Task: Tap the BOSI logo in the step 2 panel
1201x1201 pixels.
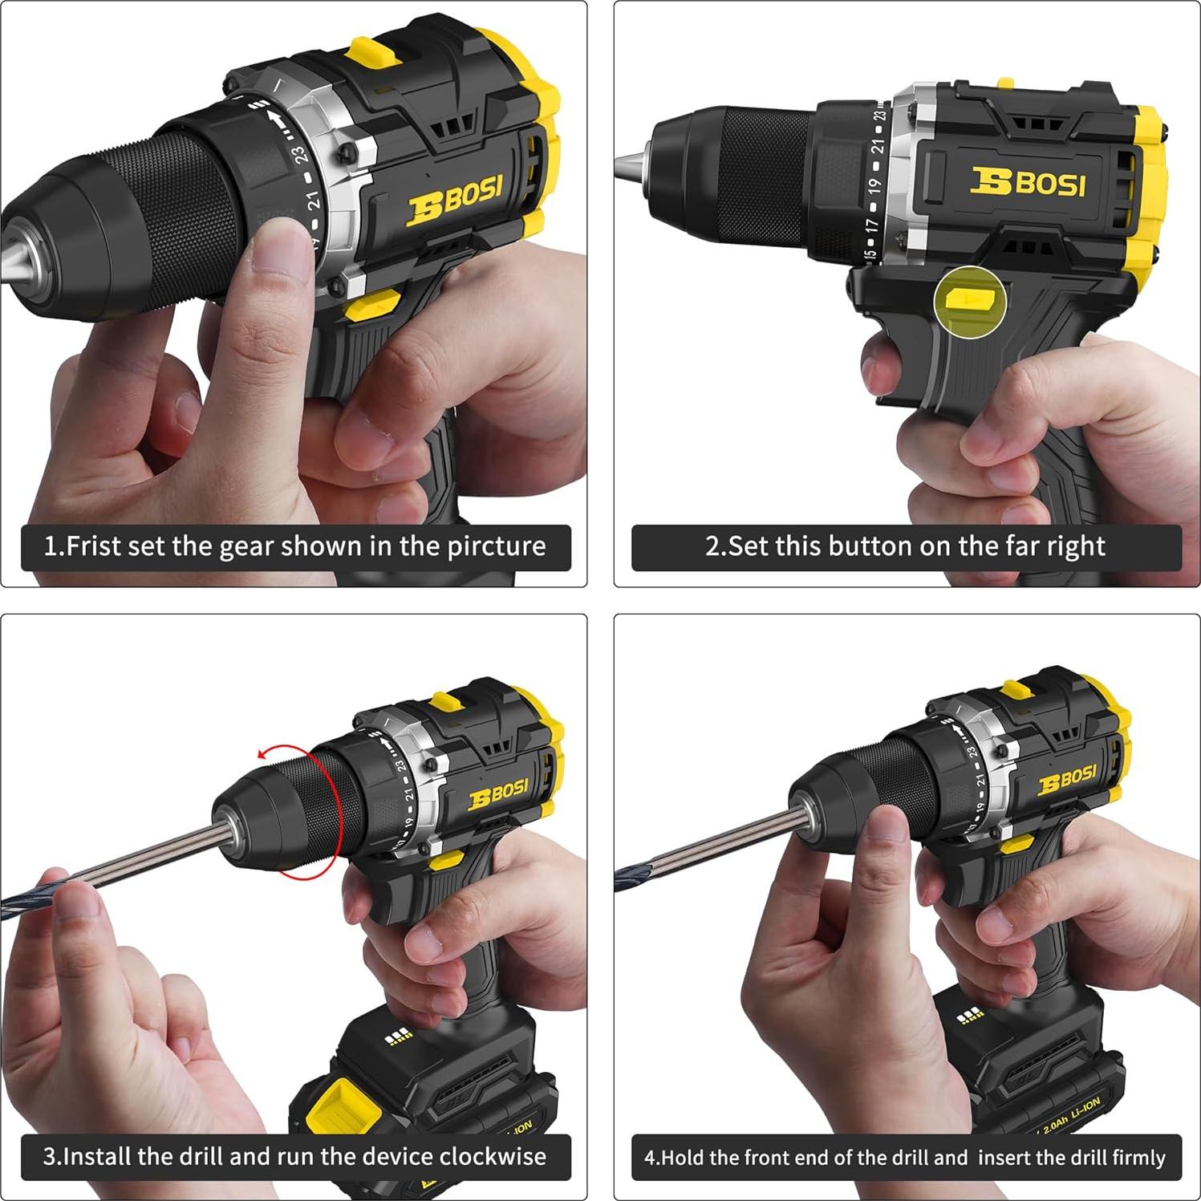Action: tap(1028, 182)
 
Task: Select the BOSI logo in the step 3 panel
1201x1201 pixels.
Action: tap(498, 793)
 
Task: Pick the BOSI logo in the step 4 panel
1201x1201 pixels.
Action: tap(1067, 778)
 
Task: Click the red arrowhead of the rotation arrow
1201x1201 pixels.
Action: tap(262, 754)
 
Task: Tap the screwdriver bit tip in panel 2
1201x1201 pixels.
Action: tap(624, 168)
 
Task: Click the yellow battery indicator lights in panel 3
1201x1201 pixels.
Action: tap(400, 1036)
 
